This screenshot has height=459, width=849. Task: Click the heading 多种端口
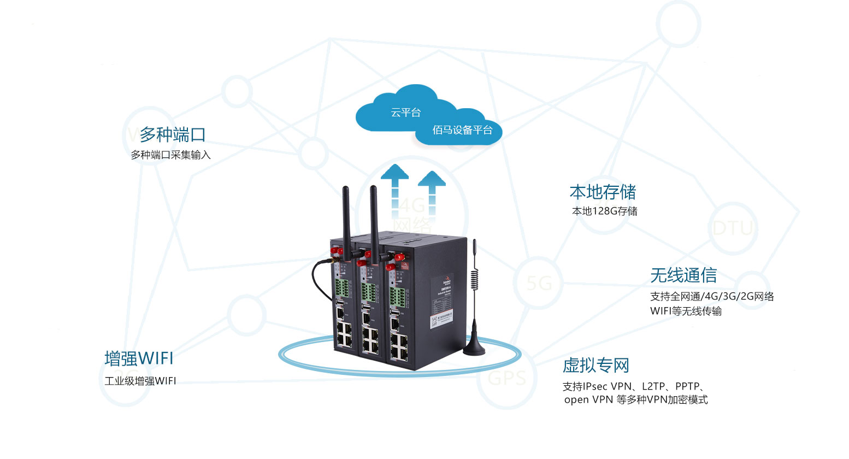173,134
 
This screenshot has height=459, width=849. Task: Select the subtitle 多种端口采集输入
170,155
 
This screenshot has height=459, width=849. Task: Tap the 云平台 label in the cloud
405,113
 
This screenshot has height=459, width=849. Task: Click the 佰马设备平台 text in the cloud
462,130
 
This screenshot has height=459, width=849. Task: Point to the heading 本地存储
603,192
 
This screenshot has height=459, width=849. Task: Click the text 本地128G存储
604,211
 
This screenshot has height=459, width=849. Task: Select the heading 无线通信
683,275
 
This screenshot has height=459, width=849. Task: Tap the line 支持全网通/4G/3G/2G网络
712,297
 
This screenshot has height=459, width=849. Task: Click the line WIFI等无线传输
686,311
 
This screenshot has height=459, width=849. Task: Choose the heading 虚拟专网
596,365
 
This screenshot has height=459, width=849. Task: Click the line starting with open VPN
635,400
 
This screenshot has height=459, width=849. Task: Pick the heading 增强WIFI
139,358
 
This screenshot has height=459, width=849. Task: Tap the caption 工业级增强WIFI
140,381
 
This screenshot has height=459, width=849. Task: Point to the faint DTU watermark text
733,228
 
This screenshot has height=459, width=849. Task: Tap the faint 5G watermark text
539,284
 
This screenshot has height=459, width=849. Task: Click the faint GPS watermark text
506,378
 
